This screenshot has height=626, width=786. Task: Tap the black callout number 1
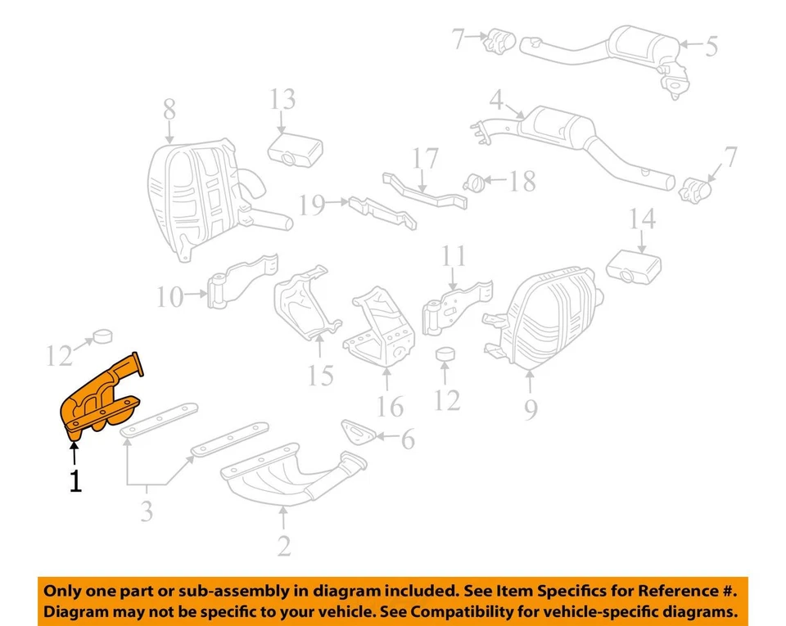point(75,481)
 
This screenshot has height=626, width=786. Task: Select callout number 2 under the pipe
point(283,545)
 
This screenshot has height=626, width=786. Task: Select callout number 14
point(643,218)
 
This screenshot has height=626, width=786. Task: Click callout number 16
point(391,405)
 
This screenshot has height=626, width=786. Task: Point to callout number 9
point(531,408)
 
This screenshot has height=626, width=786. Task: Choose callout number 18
point(522,181)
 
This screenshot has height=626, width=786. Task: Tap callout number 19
point(311,205)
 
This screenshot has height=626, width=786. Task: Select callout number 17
point(426,159)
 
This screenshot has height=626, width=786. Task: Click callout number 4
point(496,101)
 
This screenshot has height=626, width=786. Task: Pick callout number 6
point(407,439)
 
